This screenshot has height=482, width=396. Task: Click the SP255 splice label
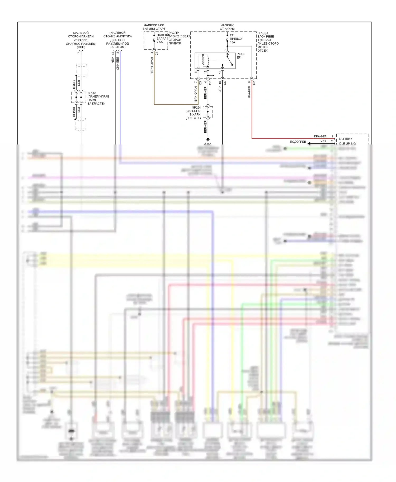click(x=92, y=93)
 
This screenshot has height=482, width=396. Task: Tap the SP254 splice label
click(x=196, y=108)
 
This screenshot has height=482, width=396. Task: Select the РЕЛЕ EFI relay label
click(x=241, y=56)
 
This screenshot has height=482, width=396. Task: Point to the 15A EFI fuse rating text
click(x=232, y=42)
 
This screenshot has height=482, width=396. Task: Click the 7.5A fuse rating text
click(x=160, y=42)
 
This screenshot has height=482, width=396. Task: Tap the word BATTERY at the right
click(x=345, y=139)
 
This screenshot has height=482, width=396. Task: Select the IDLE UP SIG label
click(x=347, y=143)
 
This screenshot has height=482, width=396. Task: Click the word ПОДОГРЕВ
click(x=298, y=142)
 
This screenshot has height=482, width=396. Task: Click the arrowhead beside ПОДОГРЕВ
click(x=309, y=143)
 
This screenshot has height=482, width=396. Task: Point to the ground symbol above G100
click(x=208, y=139)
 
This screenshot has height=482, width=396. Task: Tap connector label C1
click(x=157, y=54)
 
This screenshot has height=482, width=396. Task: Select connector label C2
click(x=254, y=83)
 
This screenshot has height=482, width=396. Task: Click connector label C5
click(x=200, y=83)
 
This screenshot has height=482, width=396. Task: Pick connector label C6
click(x=225, y=83)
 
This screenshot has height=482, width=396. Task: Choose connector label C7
click(x=210, y=83)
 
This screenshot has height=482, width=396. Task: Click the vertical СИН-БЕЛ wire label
click(x=118, y=64)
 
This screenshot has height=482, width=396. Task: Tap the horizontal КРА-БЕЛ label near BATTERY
click(x=320, y=136)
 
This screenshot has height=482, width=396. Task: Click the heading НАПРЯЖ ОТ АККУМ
click(x=227, y=27)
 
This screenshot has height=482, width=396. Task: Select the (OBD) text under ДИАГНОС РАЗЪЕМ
click(x=81, y=47)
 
